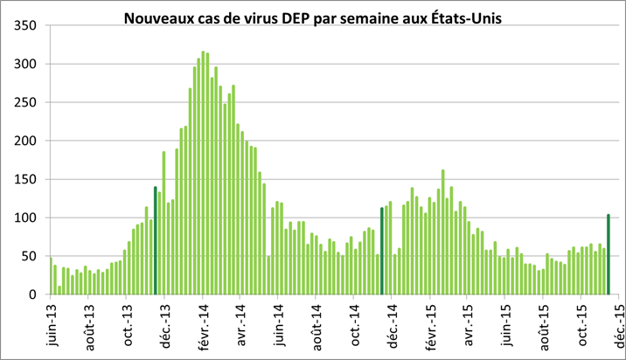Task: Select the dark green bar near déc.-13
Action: pos(155,240)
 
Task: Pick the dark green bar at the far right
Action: pos(609,253)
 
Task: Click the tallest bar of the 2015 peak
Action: pos(443,232)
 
